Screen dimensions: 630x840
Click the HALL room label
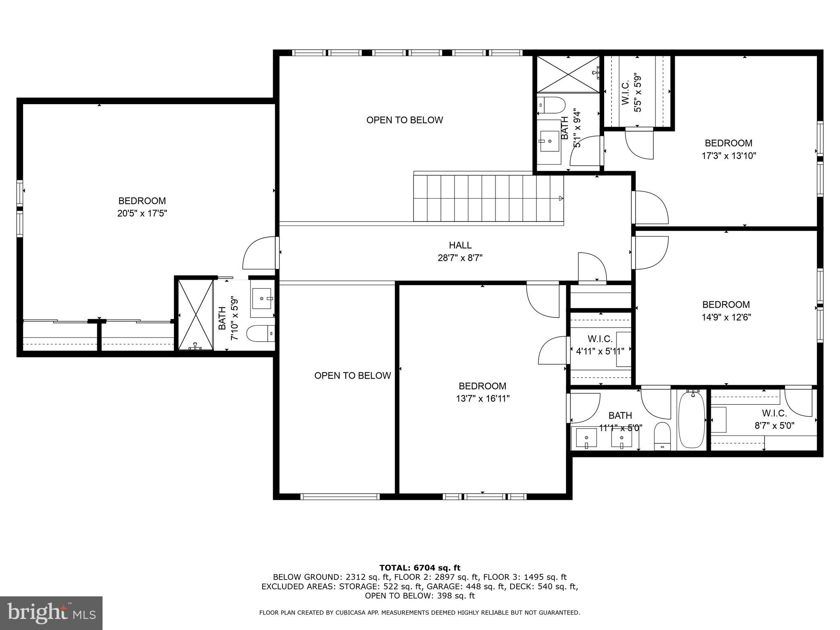[460, 245]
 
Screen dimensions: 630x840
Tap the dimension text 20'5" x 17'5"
[142, 214]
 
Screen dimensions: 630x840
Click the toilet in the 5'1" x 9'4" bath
[551, 105]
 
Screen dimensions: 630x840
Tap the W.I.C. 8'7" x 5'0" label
[774, 420]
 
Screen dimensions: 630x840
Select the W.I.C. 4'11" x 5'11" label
[600, 345]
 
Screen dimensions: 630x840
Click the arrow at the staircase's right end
[561, 199]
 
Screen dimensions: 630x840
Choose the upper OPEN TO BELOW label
[404, 120]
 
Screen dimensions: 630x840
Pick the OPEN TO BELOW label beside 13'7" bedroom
[352, 376]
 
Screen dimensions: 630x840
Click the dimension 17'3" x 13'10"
[728, 156]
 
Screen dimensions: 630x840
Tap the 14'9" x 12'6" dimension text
[726, 317]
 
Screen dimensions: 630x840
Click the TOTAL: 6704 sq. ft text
[420, 568]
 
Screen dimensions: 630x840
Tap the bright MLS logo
[51, 613]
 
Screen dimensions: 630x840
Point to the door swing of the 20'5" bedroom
[259, 253]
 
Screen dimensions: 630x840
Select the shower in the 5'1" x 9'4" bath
[568, 74]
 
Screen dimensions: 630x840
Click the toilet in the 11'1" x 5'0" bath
[662, 436]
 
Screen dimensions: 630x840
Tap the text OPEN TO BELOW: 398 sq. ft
[420, 596]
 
